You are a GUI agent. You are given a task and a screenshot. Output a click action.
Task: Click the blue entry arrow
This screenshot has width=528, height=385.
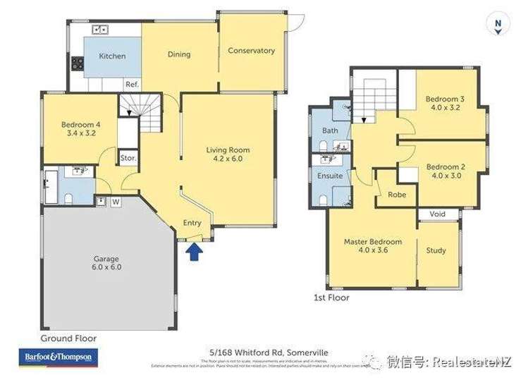point(194,252)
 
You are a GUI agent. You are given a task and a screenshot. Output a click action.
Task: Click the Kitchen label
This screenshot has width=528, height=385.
point(112,56)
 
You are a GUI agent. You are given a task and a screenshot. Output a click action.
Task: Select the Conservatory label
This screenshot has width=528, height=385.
point(251,51)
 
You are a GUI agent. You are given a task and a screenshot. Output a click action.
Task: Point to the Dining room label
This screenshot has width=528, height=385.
point(179,54)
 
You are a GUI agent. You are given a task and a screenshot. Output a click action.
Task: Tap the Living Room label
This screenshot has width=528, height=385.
point(228,150)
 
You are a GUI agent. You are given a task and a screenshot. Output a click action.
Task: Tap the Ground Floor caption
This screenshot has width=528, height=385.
point(68,338)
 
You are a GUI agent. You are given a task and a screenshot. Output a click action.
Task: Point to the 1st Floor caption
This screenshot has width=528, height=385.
point(331,298)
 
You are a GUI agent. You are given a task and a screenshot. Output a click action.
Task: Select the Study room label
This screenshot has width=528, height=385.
point(436,250)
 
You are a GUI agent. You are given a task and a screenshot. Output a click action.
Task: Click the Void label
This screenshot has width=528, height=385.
point(437,214)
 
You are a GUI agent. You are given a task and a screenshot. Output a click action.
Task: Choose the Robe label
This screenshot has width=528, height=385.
point(397,195)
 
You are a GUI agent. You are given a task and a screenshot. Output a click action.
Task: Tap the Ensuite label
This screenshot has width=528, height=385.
point(330,176)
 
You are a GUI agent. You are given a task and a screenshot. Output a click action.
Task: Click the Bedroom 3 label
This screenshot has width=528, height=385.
point(445,99)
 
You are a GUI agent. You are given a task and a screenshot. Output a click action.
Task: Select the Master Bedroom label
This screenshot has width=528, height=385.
point(373,242)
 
